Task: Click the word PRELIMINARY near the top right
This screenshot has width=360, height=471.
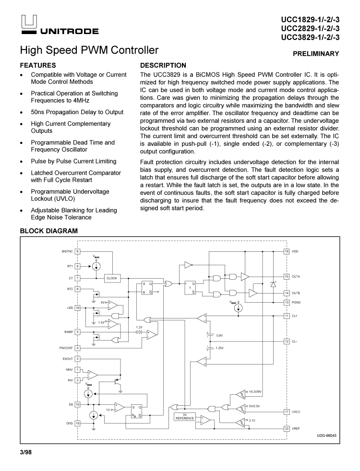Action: click(x=316, y=54)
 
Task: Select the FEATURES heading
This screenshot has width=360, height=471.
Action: click(x=38, y=65)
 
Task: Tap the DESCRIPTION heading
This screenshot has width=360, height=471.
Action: click(x=163, y=65)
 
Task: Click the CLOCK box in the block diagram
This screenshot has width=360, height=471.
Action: click(x=112, y=278)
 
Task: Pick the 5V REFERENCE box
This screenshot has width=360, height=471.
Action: click(x=185, y=417)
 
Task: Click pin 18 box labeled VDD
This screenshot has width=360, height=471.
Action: click(x=287, y=251)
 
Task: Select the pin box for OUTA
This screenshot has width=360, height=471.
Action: click(x=287, y=277)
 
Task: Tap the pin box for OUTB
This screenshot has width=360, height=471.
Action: click(x=287, y=293)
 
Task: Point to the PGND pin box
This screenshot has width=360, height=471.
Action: click(x=287, y=302)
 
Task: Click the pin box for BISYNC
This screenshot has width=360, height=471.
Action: click(x=78, y=251)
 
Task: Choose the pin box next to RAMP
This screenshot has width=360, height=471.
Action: click(x=78, y=331)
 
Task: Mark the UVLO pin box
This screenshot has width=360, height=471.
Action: click(x=287, y=412)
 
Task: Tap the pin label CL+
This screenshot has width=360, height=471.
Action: click(x=295, y=316)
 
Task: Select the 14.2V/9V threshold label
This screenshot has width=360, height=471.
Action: click(x=256, y=392)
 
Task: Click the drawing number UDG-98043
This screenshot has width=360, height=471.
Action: click(x=326, y=435)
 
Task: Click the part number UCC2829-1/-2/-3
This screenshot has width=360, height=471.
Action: click(x=310, y=28)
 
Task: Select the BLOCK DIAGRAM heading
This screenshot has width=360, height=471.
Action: click(x=48, y=231)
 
